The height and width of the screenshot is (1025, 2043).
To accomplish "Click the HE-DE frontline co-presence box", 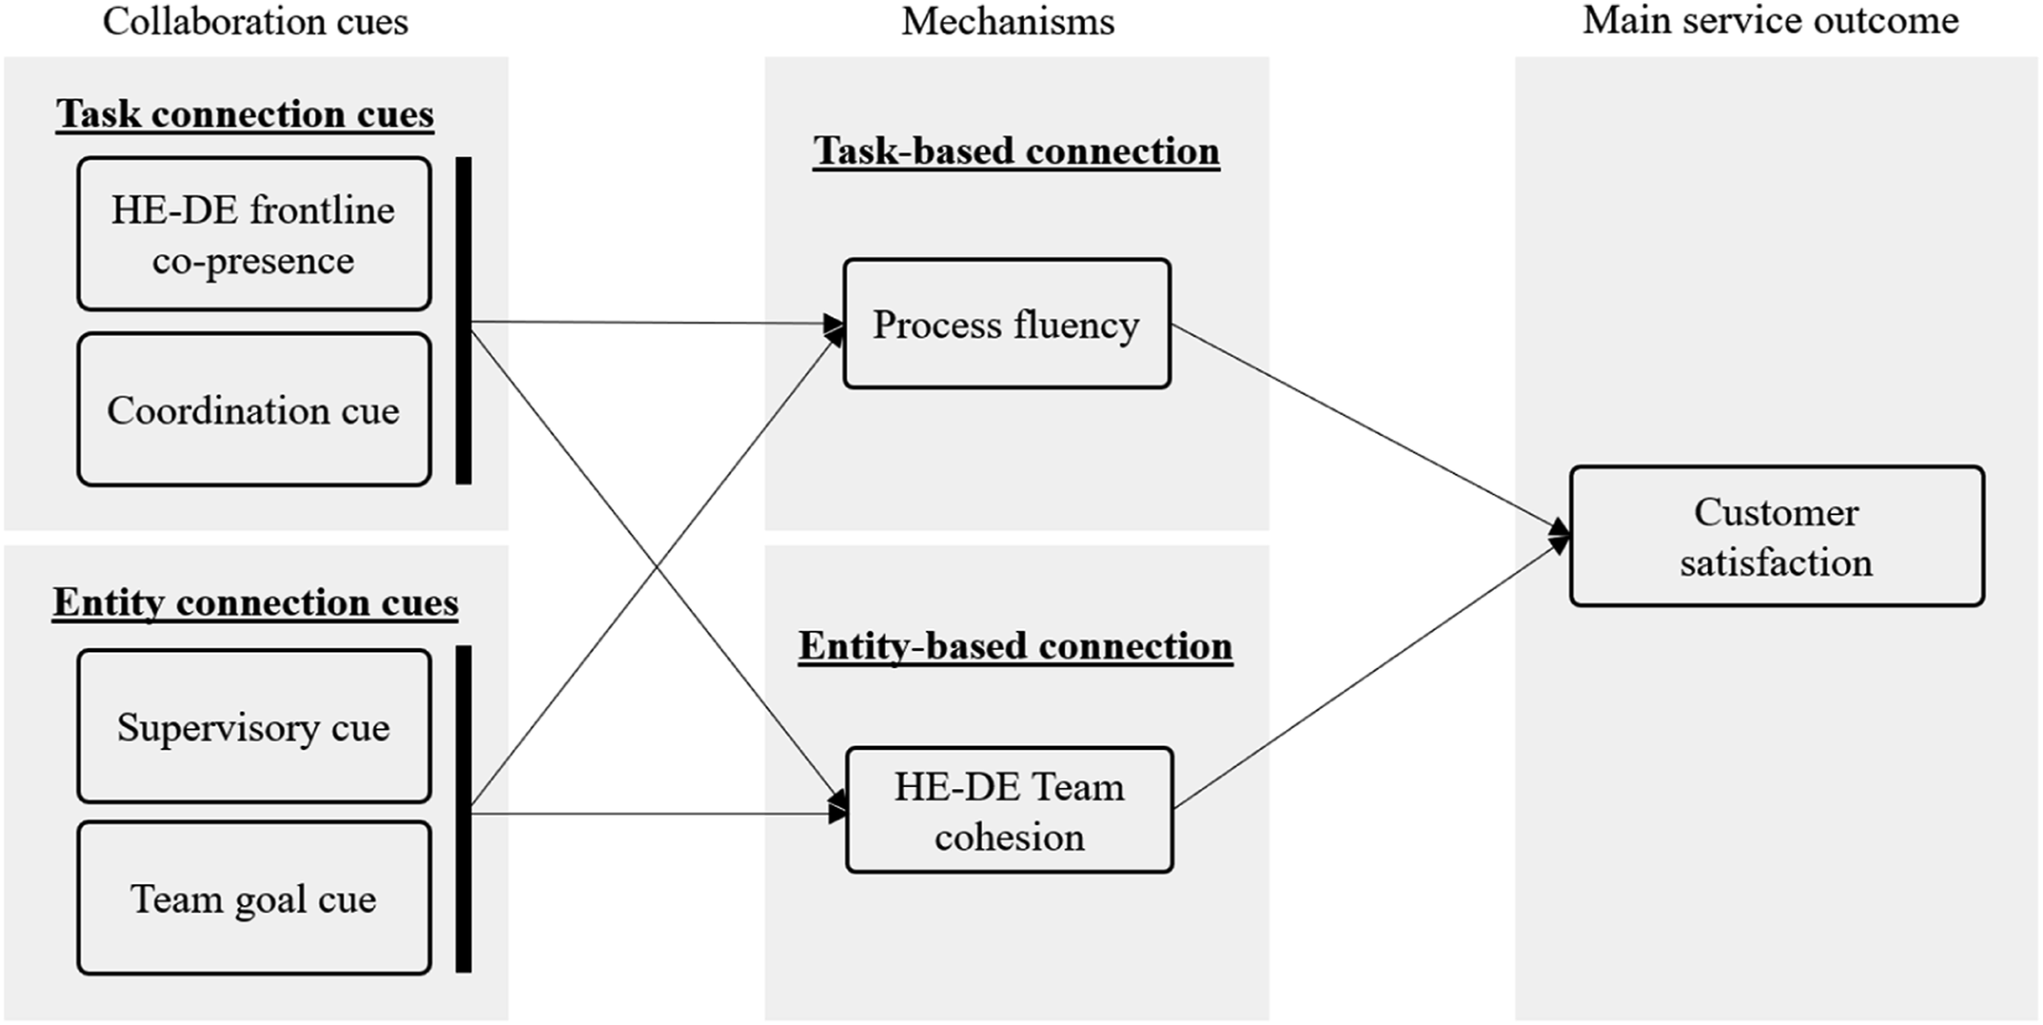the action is click(x=254, y=234).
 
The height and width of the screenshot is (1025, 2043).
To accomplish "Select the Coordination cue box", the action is click(x=254, y=409).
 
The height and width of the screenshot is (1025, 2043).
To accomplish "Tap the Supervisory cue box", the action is click(x=254, y=726).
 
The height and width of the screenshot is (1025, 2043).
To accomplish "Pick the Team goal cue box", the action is click(x=254, y=898).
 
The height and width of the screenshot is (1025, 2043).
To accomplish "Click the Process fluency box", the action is click(x=1007, y=323).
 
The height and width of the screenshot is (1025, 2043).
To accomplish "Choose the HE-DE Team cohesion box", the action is click(x=1009, y=810).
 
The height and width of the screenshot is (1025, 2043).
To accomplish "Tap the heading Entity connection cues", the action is click(x=255, y=603).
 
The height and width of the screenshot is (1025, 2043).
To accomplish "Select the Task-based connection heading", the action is click(x=1016, y=150).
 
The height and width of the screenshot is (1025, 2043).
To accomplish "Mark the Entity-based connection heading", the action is click(x=1015, y=646).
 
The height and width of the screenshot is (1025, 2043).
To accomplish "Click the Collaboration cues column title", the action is click(x=255, y=21).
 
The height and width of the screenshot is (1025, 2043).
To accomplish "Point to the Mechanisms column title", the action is click(x=1008, y=21).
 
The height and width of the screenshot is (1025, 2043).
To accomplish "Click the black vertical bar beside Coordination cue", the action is click(x=463, y=321).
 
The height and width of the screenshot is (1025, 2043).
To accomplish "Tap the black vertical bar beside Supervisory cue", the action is click(x=463, y=809).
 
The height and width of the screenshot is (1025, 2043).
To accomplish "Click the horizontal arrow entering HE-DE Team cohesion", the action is click(x=660, y=813).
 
